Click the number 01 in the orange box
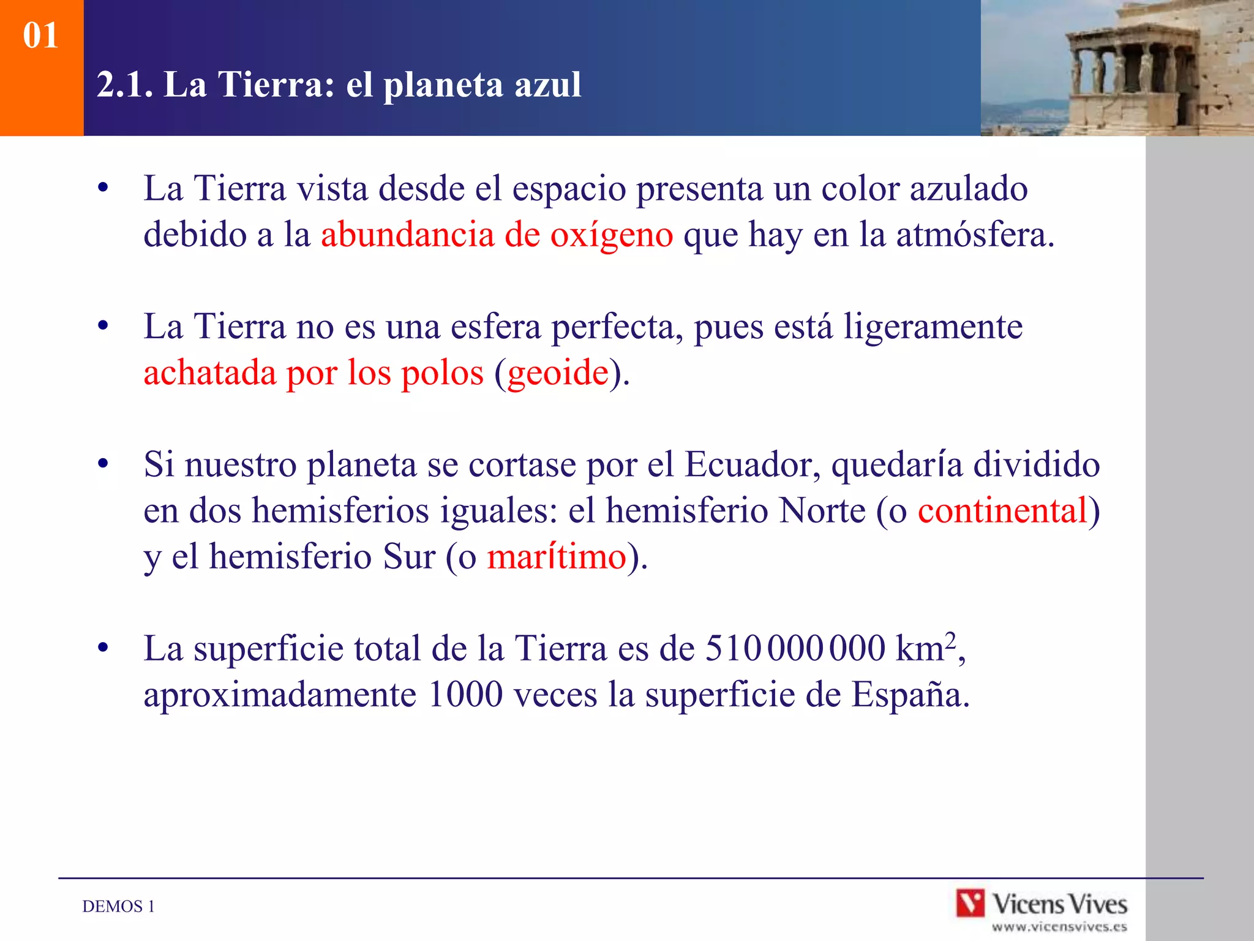40,36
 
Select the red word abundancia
407,235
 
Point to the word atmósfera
975,235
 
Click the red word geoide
558,373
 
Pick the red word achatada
209,373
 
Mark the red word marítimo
556,557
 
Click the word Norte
822,511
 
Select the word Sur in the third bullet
408,557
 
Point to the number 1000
465,695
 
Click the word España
910,695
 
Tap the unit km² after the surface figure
925,648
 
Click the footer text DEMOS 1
118,907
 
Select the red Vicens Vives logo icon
971,904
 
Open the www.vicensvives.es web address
1059,927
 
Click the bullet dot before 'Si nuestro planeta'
103,464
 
